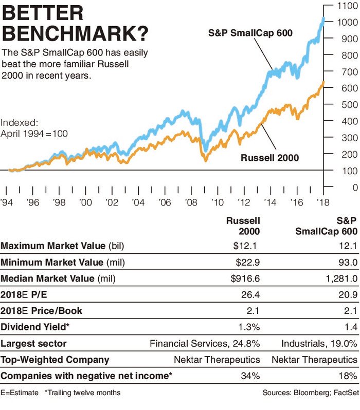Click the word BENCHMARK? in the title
(76, 34)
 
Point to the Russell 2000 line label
(269, 157)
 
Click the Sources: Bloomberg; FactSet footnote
(310, 393)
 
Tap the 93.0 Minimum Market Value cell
(347, 263)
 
